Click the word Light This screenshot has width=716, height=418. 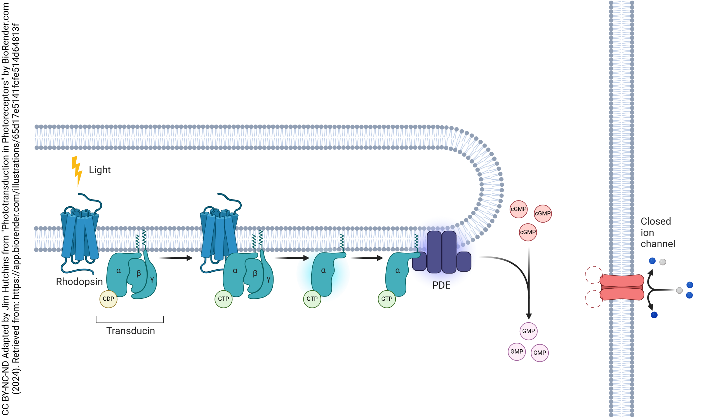click(100, 170)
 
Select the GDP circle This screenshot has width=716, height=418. click(108, 299)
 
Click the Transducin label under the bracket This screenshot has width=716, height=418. click(130, 331)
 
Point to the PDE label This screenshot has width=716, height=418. click(441, 285)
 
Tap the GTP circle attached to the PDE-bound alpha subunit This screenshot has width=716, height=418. click(387, 299)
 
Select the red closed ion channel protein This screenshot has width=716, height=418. click(622, 287)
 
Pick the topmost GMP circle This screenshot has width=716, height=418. click(528, 331)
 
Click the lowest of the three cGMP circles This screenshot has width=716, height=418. click(527, 232)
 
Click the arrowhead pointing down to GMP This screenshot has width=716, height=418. click(529, 316)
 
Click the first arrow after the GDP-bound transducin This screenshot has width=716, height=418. click(176, 258)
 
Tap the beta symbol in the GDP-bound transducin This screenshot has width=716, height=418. click(139, 273)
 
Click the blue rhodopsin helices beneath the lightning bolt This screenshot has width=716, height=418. click(79, 236)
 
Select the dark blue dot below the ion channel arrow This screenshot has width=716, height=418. click(654, 315)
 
